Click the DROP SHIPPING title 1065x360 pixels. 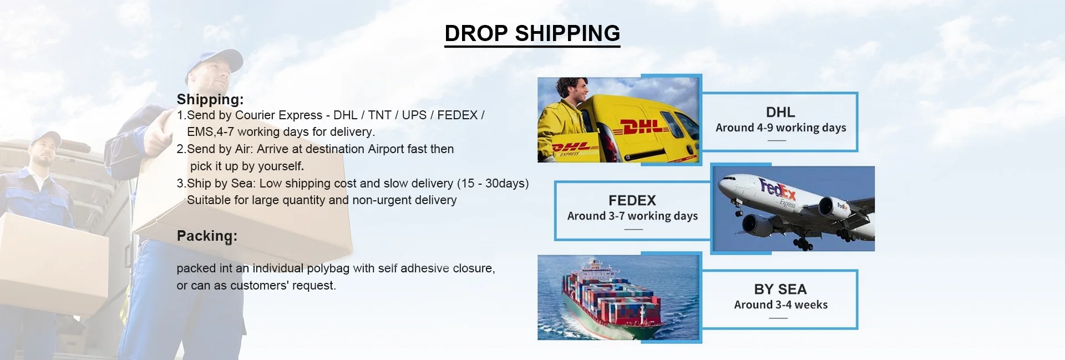(532, 33)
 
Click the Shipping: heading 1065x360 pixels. (210, 99)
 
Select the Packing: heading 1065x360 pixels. (207, 236)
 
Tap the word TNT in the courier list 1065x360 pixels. (379, 115)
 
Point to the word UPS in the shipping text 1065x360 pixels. (414, 115)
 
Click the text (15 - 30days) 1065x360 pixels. (493, 183)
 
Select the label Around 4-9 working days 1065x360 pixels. (780, 128)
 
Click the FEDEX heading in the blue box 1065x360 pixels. (632, 200)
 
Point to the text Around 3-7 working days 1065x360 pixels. (632, 216)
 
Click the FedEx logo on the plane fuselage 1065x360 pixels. (777, 190)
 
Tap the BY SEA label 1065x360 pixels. (780, 289)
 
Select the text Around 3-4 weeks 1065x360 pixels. (780, 305)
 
